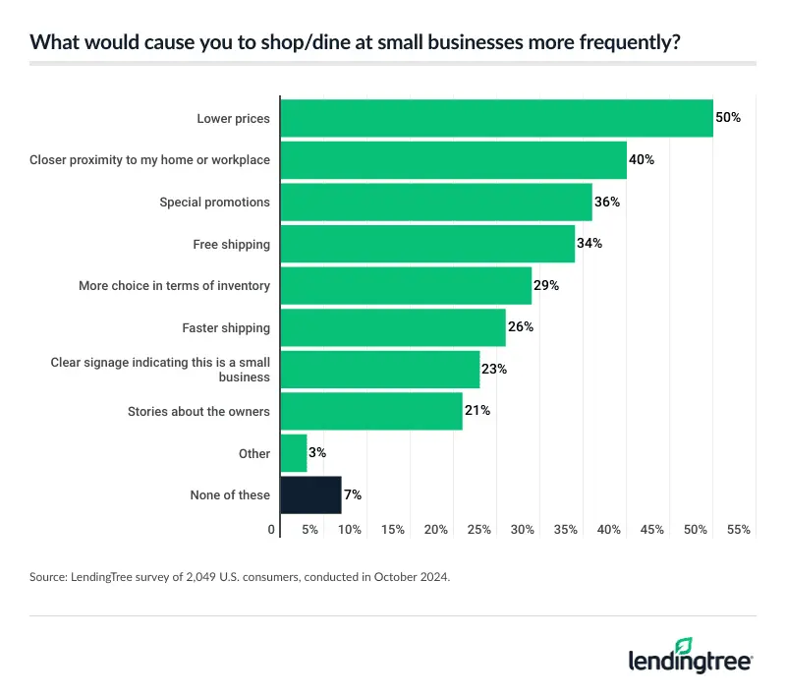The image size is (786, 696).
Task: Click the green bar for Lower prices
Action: (496, 118)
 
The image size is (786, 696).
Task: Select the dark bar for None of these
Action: (310, 495)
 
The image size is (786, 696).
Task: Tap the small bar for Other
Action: (294, 453)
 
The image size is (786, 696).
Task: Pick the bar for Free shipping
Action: (427, 244)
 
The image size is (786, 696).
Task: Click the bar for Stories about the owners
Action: (371, 411)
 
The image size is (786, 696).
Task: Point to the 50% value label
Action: (728, 118)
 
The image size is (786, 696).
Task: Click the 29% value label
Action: (546, 286)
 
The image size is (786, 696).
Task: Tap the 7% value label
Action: (354, 495)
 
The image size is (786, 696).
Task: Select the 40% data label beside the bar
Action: (642, 160)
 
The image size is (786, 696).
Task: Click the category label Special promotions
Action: (214, 203)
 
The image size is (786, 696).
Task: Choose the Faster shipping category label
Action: (225, 327)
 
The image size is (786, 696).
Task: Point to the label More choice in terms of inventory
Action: (174, 286)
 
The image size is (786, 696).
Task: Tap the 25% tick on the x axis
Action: (479, 530)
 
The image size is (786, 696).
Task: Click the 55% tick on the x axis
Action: (739, 530)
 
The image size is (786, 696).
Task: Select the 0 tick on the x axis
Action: (272, 530)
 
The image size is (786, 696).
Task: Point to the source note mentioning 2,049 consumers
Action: (240, 578)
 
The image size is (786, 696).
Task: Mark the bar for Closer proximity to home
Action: (453, 160)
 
